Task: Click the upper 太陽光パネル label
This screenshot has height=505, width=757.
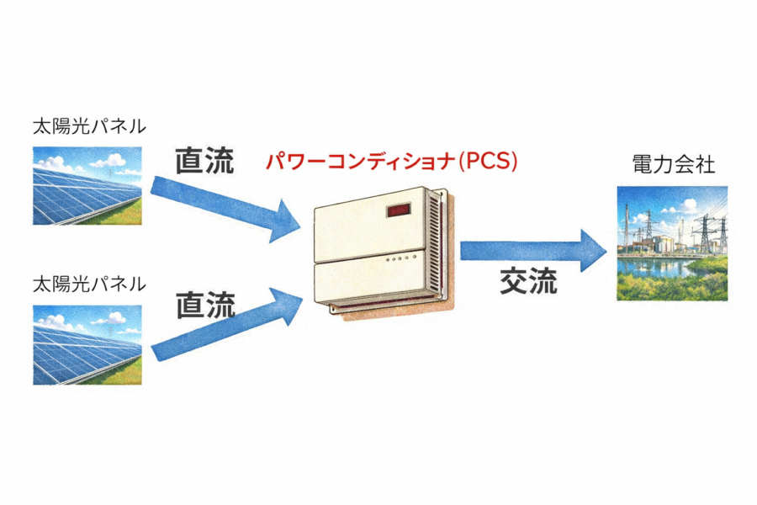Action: pos(89,126)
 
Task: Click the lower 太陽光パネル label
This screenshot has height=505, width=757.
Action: pos(89,284)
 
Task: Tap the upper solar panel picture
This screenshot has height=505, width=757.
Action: pos(87,186)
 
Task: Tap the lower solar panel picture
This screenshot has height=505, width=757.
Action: pos(87,345)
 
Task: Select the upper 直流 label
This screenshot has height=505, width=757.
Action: pos(204,161)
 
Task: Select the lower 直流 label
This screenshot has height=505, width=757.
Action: pos(205,305)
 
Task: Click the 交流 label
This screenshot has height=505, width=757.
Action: pos(529,280)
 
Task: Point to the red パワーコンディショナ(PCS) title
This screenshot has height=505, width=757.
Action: pos(391,161)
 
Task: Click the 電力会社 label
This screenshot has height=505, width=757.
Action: pos(673,165)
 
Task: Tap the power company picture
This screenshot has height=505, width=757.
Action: pos(672,243)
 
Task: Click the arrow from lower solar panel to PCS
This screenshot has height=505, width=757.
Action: pos(226,325)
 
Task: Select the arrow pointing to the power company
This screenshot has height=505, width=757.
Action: pos(533,251)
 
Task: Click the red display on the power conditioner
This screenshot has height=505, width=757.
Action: pos(399,210)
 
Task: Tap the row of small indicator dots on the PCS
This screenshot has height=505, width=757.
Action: pos(400,258)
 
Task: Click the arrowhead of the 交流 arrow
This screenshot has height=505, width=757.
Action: pos(593,251)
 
